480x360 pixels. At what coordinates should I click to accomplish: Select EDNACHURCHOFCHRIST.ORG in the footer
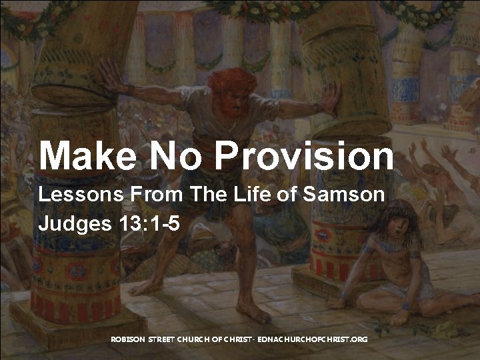pos(313,340)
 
